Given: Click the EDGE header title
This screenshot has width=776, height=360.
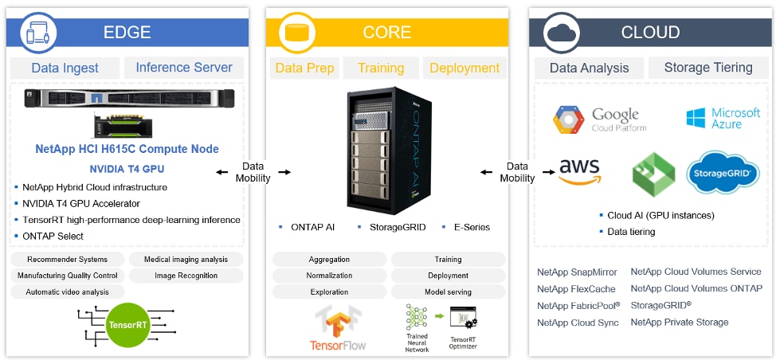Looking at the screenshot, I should [x=127, y=33].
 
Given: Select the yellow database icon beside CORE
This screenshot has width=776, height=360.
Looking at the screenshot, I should [x=297, y=33].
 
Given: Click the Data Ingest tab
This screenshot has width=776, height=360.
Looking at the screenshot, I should [x=65, y=68].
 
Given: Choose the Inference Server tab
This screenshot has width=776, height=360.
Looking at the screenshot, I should [x=184, y=68].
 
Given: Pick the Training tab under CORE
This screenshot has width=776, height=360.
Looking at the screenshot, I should [x=381, y=68].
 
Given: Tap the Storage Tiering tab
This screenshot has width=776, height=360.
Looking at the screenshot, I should [x=708, y=68].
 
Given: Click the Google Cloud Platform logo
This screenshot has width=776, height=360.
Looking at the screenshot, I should [x=600, y=119].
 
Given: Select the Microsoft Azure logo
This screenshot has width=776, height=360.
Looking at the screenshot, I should [x=723, y=119].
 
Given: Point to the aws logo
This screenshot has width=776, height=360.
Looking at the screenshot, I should [x=580, y=170].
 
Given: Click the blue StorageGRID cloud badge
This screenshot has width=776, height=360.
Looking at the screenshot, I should [x=723, y=172].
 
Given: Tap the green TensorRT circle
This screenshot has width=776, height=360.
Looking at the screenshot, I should [x=128, y=324].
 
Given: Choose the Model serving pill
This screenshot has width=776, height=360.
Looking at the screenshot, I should [x=448, y=292].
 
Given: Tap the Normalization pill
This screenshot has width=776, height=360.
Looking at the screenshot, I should [x=329, y=276].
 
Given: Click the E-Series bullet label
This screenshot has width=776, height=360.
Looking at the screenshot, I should [x=471, y=228].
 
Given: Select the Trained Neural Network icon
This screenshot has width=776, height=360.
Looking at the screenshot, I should [x=417, y=323].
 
